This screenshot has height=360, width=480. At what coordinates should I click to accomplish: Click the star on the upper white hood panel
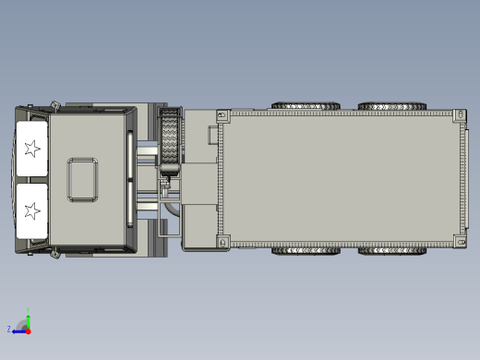pos(33,149)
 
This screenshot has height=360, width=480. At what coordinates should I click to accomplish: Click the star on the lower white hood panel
pos(33,210)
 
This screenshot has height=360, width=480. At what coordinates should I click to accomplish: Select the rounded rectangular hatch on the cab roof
pos(82,179)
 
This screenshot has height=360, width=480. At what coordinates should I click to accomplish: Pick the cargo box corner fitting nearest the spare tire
pos(222,115)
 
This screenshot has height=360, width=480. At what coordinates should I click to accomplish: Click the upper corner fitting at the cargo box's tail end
pos(459,114)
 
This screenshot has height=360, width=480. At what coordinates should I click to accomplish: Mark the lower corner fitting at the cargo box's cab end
pos(222,242)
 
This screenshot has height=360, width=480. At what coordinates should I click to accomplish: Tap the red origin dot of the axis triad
pos(28,329)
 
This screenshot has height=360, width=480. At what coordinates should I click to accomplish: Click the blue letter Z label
pos(9,329)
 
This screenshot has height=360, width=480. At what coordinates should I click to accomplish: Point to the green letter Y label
pos(28,309)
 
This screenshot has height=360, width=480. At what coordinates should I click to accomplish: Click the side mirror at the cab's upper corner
pos(56,104)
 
